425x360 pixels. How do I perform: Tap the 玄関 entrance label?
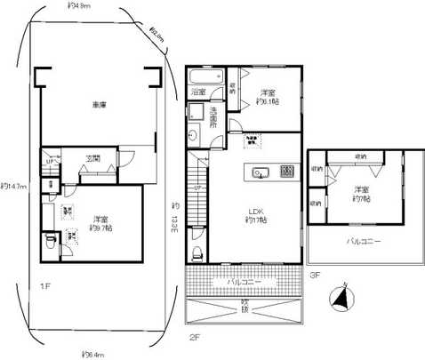pyautogui.click(x=93, y=159)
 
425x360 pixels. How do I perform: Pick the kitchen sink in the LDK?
pyautogui.click(x=261, y=171)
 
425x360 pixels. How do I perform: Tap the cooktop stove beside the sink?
pyautogui.click(x=286, y=171)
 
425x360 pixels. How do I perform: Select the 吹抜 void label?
pyautogui.click(x=245, y=308)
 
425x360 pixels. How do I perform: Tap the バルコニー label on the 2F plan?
pyautogui.click(x=245, y=281)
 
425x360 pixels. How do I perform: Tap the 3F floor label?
pyautogui.click(x=316, y=276)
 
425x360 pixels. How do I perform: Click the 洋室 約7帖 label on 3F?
pyautogui.click(x=359, y=193)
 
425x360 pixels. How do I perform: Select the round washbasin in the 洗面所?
pyautogui.click(x=193, y=135)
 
